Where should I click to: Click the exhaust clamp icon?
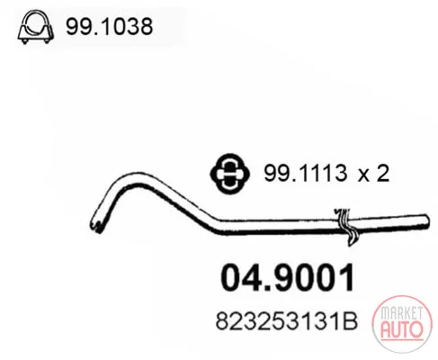click(x=36, y=27)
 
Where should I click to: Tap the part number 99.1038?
click(x=110, y=26)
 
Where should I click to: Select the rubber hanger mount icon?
click(x=229, y=174)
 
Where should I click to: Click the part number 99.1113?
click(x=305, y=173)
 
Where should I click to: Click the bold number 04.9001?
click(x=288, y=277)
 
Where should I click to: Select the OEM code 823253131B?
click(x=287, y=321)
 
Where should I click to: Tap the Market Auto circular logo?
click(x=402, y=324)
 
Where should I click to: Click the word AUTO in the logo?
click(x=402, y=329)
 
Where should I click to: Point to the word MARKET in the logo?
click(x=401, y=313)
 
